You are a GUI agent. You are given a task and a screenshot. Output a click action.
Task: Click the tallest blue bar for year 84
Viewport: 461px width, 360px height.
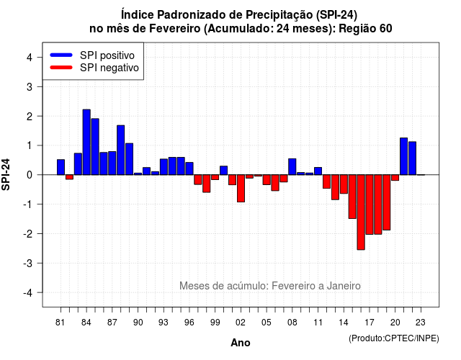86,143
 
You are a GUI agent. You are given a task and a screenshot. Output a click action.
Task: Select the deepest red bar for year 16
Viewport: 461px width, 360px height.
361,212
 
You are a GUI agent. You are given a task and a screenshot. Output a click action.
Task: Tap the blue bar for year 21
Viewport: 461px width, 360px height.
403,156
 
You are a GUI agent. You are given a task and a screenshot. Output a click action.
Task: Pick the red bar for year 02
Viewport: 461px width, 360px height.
241,189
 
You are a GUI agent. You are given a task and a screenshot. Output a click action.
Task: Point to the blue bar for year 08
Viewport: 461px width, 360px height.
292,166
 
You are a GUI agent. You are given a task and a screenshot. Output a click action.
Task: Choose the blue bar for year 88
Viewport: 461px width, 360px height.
120,150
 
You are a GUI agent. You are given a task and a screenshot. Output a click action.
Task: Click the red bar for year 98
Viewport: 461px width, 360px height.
207,184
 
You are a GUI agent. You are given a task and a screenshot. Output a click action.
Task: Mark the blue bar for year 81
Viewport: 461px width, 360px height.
61,167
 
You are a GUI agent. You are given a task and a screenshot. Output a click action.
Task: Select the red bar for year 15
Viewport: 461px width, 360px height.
352,197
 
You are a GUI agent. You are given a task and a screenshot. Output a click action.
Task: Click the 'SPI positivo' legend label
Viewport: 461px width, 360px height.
107,55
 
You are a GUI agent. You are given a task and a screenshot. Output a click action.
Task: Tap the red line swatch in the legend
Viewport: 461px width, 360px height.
61,67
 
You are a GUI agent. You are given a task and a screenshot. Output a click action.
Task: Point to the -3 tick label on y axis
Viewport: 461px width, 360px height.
29,263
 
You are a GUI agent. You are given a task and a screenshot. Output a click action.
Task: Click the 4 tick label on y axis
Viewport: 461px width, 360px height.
30,57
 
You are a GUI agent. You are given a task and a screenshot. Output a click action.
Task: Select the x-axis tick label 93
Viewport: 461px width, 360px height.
164,323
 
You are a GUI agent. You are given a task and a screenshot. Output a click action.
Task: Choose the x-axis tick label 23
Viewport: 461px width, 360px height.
421,323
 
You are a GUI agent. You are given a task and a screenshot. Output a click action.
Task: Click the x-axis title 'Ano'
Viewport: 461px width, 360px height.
241,343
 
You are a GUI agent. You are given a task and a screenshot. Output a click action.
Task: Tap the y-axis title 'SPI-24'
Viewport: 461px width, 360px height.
6,174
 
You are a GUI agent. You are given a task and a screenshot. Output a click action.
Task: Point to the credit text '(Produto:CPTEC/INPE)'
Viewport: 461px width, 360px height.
394,338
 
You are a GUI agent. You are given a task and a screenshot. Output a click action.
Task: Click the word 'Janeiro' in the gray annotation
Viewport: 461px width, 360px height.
344,286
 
